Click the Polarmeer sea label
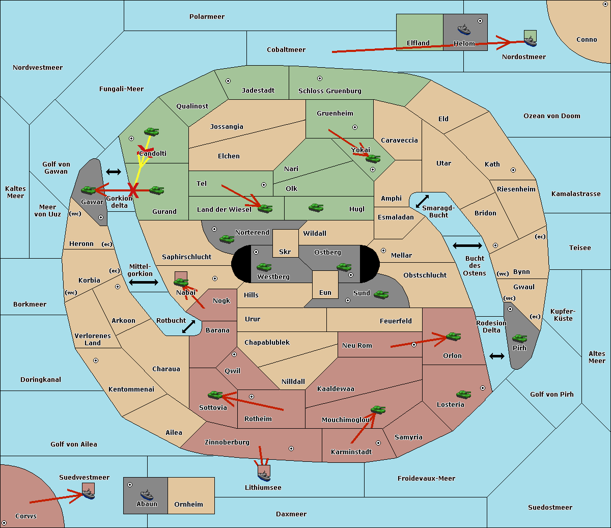click(x=207, y=17)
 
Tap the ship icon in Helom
click(x=464, y=29)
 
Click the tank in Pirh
click(x=519, y=338)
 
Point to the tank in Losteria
click(x=463, y=394)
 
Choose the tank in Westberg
click(x=264, y=267)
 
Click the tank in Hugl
click(x=316, y=208)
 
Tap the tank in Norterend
click(x=227, y=239)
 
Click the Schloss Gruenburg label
click(x=329, y=91)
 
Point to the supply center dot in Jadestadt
click(x=228, y=81)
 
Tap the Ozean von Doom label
click(x=551, y=116)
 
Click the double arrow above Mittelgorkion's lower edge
click(x=144, y=282)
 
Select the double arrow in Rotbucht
click(x=188, y=327)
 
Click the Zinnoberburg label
click(x=227, y=442)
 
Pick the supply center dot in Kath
click(x=513, y=170)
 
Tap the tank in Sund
click(x=381, y=294)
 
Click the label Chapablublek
click(x=267, y=342)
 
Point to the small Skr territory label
click(x=285, y=252)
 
